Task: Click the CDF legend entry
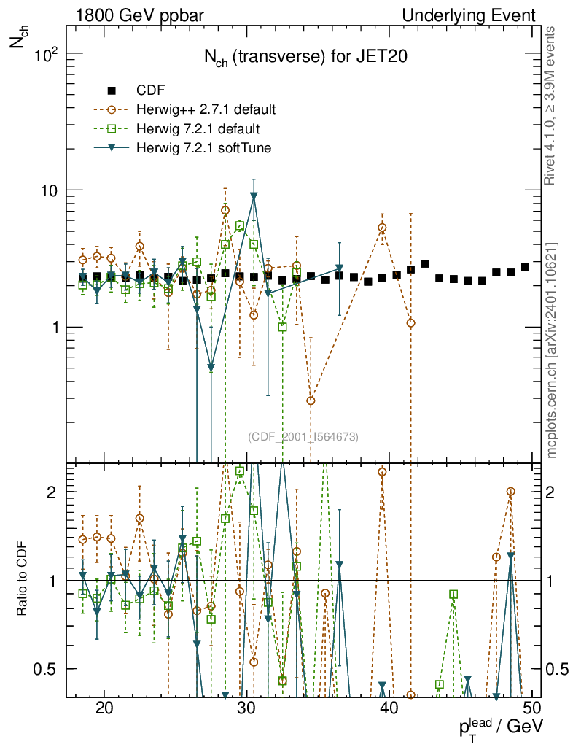[x=151, y=90]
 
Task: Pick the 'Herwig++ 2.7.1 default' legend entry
[x=206, y=110]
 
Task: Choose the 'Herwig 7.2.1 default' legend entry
[x=198, y=129]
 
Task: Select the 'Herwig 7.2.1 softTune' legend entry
[x=203, y=149]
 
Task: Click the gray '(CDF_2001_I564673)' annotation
[x=303, y=437]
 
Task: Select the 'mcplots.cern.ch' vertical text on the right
[x=552, y=350]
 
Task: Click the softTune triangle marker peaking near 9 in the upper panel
[x=254, y=196]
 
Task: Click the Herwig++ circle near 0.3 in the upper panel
[x=311, y=400]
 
